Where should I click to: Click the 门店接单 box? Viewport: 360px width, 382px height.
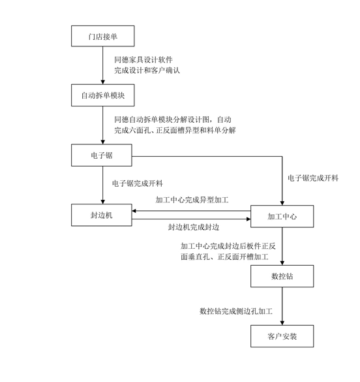[x=102, y=37]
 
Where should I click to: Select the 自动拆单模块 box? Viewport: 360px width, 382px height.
[x=102, y=95]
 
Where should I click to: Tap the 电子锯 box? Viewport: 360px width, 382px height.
[x=102, y=155]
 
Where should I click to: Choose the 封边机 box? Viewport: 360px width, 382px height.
[x=102, y=215]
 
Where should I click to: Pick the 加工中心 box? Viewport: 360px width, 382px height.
[x=282, y=215]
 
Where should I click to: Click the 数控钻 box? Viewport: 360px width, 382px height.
[x=282, y=276]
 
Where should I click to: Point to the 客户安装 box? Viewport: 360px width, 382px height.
[x=282, y=336]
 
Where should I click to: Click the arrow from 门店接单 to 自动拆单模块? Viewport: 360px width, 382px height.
[x=102, y=65]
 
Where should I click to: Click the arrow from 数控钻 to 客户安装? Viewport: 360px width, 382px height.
[x=282, y=306]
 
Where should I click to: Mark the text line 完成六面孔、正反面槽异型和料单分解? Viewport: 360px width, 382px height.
[x=174, y=131]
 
